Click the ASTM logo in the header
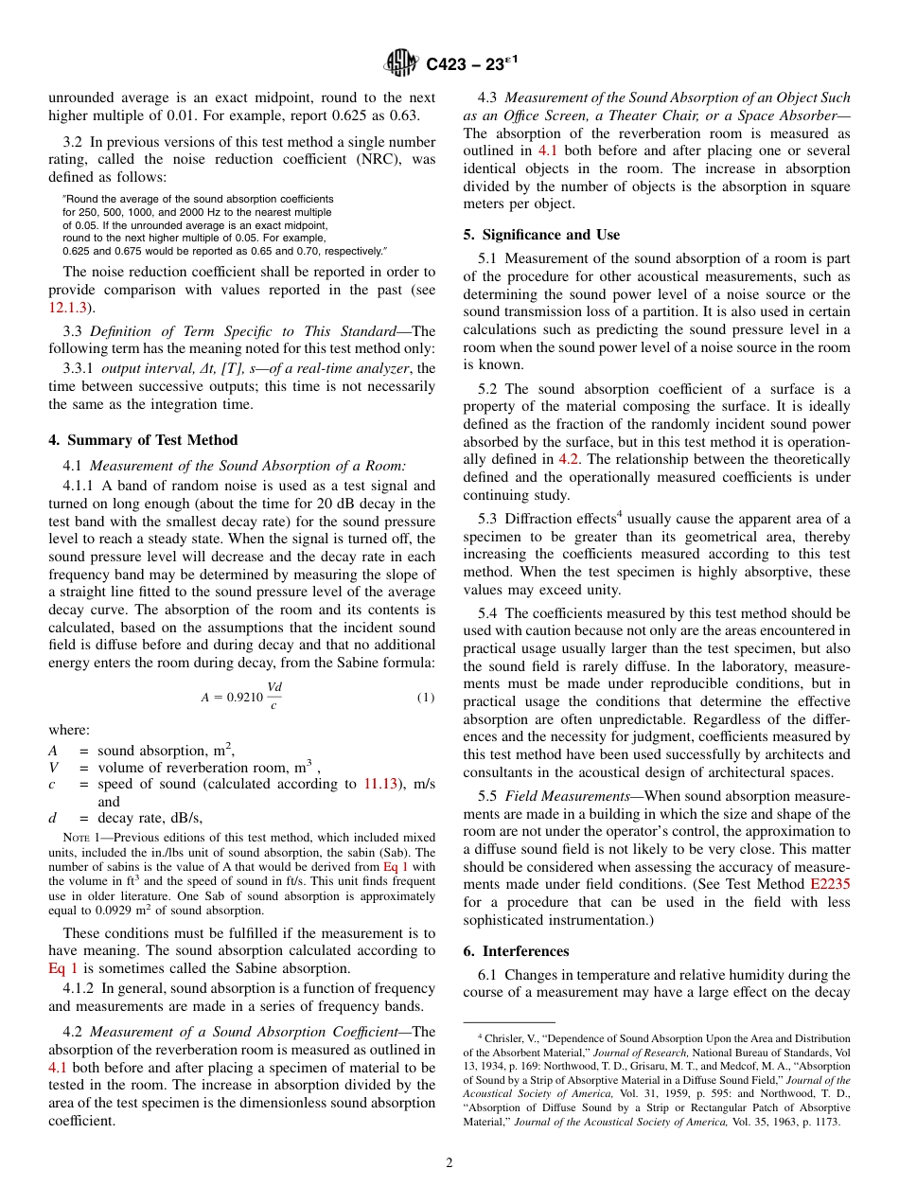coord(401,63)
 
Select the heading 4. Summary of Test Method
coord(143,440)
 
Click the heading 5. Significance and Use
coord(541,235)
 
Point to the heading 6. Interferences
coord(516,951)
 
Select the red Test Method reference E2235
coord(830,884)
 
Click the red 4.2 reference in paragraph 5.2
coord(570,459)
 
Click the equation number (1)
coord(425,698)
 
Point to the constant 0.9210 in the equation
coord(242,698)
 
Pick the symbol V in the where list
coord(53,768)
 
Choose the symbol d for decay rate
coord(53,818)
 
